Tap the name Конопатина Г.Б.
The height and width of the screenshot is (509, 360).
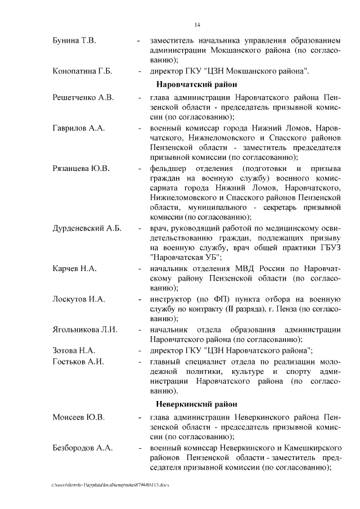(82, 71)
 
